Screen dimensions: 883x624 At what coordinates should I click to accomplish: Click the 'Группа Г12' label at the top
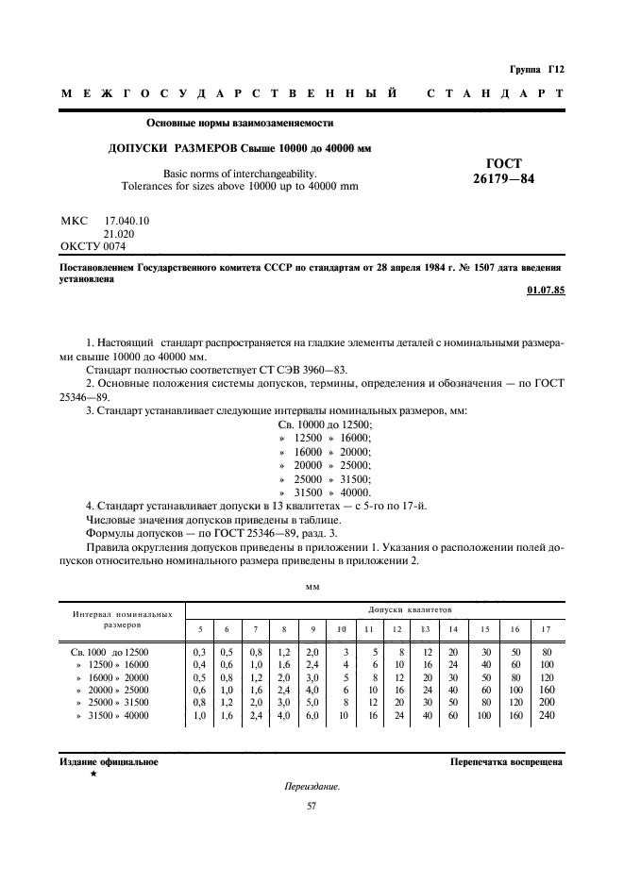click(x=536, y=69)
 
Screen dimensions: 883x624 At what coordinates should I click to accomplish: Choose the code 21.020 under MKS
click(x=119, y=233)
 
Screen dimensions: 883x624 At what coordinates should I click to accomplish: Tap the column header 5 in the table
click(x=199, y=628)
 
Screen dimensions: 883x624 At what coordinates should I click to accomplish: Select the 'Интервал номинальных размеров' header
click(x=123, y=619)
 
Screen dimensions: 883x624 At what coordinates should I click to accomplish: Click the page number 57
click(x=312, y=806)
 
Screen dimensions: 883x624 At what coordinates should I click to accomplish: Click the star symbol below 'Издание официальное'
click(x=93, y=774)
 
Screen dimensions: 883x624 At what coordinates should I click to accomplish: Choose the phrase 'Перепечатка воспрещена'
click(x=506, y=761)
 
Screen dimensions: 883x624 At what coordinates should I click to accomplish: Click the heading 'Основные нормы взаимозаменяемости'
click(x=240, y=123)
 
